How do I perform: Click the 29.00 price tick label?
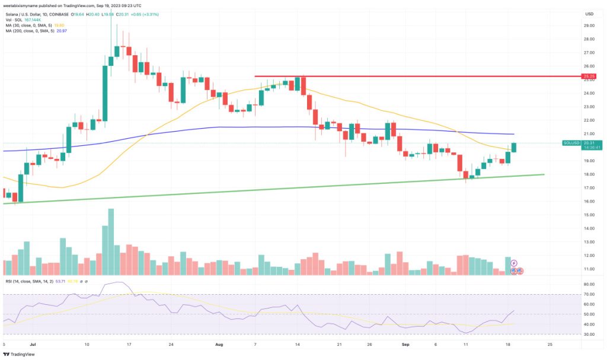[x=589, y=26]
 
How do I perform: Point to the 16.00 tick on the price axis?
[x=589, y=202]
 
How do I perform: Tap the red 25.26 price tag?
[x=589, y=77]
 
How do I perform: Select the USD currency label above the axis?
[x=589, y=14]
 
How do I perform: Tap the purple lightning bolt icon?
[x=514, y=262]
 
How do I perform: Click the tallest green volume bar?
[x=110, y=241]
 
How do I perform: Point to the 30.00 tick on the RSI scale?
[x=589, y=334]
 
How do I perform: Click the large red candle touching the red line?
[x=303, y=85]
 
